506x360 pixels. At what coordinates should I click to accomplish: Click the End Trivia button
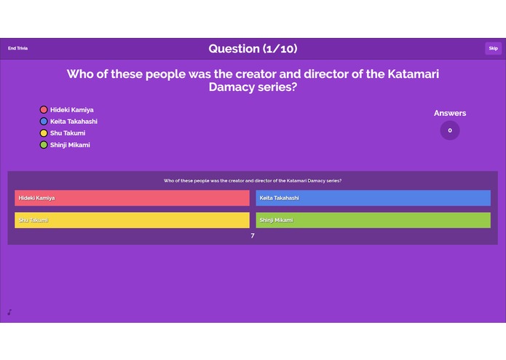pos(17,49)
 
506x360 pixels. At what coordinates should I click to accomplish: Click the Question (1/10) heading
pos(253,49)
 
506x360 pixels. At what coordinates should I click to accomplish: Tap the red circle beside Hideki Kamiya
pos(44,110)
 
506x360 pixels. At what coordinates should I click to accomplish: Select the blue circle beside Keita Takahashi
pos(44,122)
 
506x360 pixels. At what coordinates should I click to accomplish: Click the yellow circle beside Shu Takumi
pos(44,133)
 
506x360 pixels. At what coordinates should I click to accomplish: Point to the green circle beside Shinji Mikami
pos(44,145)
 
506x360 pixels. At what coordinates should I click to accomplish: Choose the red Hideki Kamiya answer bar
pos(132,198)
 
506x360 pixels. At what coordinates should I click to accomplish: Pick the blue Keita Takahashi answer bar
pos(373,198)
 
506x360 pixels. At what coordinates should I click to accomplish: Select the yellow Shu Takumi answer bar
pos(132,220)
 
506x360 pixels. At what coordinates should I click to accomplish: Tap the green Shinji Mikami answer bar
pos(373,220)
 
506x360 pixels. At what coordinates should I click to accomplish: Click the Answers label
pos(450,113)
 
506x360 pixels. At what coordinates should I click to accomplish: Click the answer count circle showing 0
pos(450,130)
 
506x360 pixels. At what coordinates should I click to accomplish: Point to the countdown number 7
pos(253,236)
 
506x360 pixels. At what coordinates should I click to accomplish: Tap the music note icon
pos(9,312)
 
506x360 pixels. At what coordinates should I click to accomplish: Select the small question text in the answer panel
pos(253,180)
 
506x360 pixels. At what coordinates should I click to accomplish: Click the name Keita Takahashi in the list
pos(74,122)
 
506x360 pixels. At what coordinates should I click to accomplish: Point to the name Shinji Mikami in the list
pos(70,145)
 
